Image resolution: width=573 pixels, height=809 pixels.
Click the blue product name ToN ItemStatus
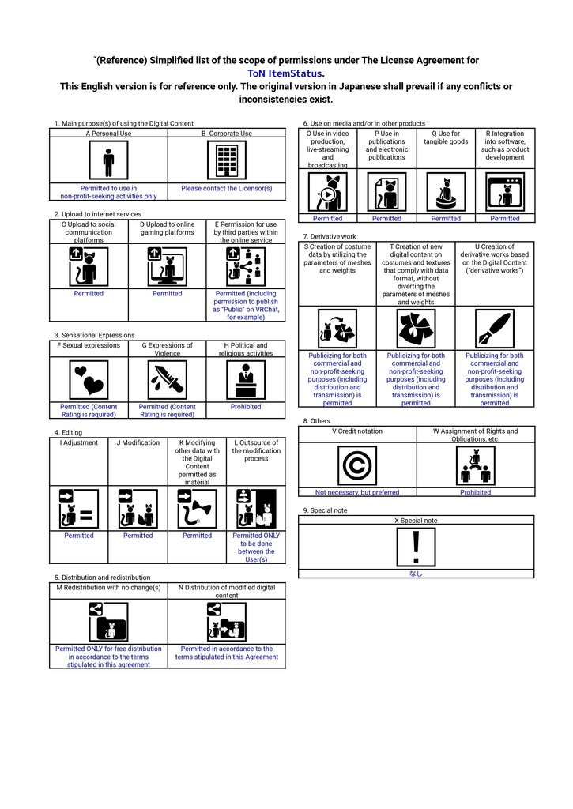[x=285, y=73]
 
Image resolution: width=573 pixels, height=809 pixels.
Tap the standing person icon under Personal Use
[x=108, y=162]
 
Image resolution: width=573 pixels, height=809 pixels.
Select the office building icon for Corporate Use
[x=226, y=162]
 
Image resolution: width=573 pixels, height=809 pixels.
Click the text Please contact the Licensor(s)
[x=226, y=189]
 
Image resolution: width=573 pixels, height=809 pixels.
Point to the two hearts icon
[x=89, y=380]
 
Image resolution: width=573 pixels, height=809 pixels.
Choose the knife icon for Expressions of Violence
[x=167, y=380]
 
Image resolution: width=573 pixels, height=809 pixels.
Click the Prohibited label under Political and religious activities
[x=246, y=407]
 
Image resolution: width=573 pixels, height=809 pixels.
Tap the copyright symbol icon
[x=357, y=465]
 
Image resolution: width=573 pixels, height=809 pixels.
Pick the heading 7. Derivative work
[x=330, y=236]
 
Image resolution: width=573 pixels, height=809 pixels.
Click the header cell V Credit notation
[x=357, y=431]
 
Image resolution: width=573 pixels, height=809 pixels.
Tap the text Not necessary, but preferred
[x=357, y=492]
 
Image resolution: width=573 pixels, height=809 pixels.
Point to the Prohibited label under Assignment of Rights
[x=475, y=492]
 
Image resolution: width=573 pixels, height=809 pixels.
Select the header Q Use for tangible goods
[x=446, y=138]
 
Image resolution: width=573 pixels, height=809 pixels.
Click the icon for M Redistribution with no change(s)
[x=108, y=622]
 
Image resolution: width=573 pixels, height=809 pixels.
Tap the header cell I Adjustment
[x=79, y=443]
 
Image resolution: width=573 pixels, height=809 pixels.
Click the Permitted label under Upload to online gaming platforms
[x=167, y=294]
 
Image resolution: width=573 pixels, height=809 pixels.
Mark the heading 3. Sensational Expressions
[x=94, y=335]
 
